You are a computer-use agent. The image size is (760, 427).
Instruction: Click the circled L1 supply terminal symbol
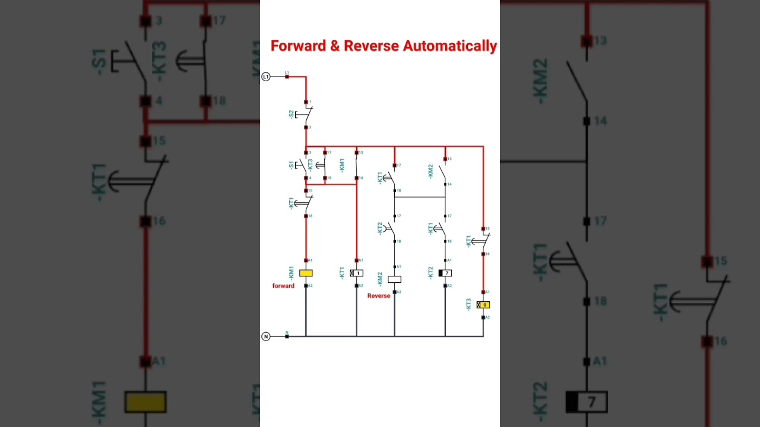(266, 77)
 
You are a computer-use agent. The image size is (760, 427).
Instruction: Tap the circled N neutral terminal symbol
(266, 336)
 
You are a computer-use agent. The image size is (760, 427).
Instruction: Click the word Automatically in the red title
(449, 46)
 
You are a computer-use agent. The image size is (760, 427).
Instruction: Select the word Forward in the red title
(298, 46)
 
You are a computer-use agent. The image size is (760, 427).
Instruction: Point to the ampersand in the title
(334, 46)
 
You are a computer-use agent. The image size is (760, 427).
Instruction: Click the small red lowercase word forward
(283, 286)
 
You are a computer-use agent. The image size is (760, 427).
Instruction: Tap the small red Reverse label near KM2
(379, 295)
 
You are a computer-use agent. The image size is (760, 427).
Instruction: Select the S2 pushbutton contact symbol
(306, 114)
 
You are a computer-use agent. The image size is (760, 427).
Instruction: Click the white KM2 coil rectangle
(394, 279)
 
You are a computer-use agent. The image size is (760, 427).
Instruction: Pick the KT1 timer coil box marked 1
(357, 273)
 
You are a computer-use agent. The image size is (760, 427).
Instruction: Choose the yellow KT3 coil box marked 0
(483, 305)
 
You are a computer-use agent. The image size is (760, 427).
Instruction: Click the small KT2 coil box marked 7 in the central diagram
(445, 273)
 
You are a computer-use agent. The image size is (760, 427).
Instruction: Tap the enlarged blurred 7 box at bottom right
(587, 402)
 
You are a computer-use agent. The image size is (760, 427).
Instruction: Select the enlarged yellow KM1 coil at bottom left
(145, 401)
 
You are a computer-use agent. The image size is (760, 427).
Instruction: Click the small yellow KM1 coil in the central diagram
(306, 273)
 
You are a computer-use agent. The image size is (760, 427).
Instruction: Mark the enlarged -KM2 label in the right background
(541, 81)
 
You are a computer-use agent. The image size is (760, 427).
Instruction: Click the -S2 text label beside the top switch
(291, 114)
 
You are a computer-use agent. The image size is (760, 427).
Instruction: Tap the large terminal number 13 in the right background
(600, 40)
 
